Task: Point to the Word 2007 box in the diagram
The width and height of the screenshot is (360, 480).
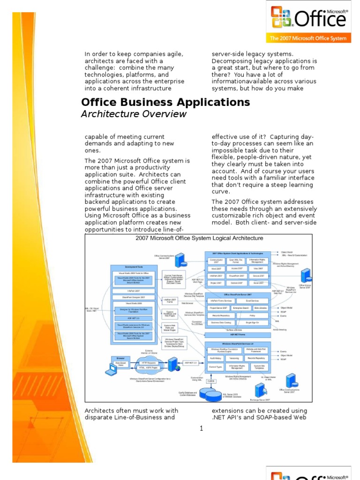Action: pos(217,269)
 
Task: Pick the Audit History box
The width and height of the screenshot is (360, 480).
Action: pos(216,358)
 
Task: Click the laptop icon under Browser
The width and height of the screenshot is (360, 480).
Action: pos(111,370)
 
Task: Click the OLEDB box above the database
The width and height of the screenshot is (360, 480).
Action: pos(211,381)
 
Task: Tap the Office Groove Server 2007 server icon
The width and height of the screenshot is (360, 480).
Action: pos(307,276)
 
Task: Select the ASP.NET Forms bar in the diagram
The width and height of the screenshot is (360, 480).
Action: pos(237,335)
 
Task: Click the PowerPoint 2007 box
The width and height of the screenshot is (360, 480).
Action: pos(237,276)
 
